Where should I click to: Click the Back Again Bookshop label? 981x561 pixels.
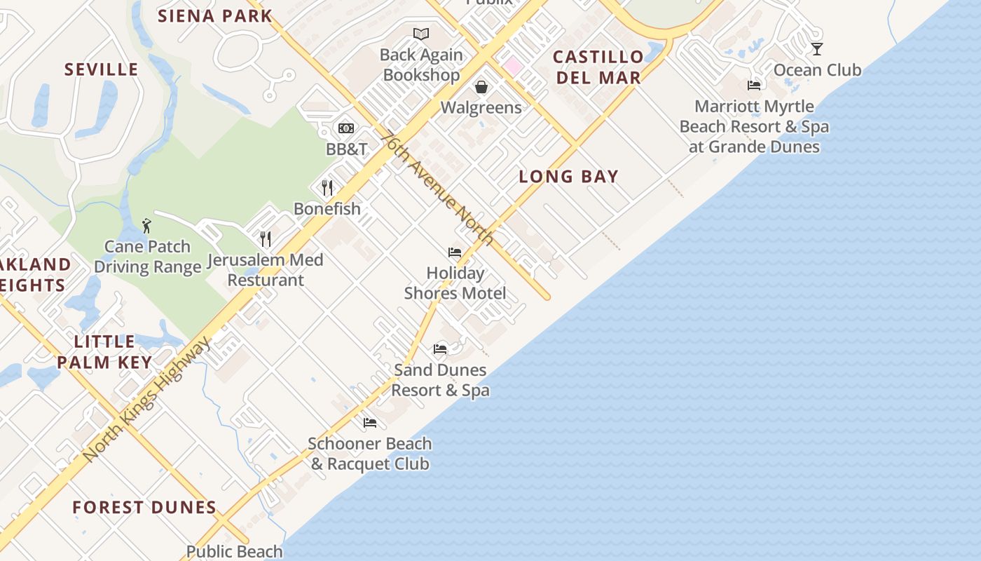421,65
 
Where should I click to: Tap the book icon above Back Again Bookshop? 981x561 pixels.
421,34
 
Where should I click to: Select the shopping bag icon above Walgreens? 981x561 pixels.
481,87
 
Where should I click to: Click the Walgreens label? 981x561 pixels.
481,107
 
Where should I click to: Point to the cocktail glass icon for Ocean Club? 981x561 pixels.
816,49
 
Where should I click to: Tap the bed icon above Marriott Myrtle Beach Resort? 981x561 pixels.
754,86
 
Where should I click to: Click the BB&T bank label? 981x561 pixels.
346,149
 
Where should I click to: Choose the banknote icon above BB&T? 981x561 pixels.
346,128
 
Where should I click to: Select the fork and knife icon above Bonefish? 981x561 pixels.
327,187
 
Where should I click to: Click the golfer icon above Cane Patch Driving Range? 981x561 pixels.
146,226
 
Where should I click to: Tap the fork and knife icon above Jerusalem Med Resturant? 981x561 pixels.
266,239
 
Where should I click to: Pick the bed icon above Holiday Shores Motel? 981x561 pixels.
455,252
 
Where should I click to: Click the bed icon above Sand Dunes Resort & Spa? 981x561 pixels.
440,349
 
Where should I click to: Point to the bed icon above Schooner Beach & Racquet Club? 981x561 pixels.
370,423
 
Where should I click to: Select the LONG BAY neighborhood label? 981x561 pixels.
568,177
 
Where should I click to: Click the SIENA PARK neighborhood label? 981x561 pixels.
214,15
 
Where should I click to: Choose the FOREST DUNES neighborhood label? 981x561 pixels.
144,507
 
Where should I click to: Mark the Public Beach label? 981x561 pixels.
235,551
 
